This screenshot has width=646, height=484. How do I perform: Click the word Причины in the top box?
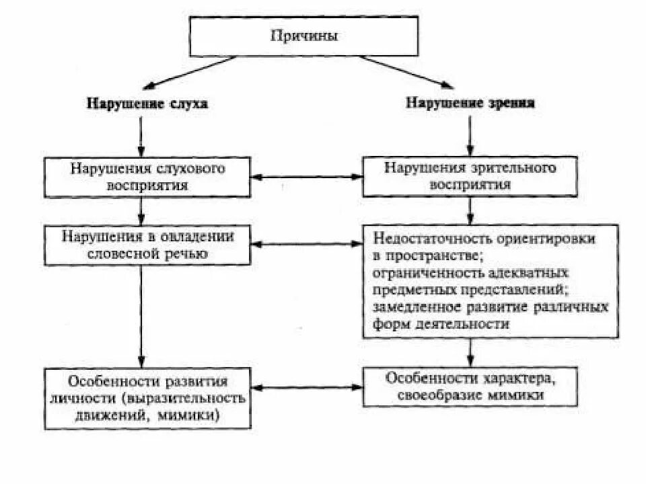pos(303,36)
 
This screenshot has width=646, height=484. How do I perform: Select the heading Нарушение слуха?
pos(147,104)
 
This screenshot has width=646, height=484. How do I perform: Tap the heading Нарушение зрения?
pos(470,104)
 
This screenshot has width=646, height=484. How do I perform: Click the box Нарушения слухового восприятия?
pos(147,176)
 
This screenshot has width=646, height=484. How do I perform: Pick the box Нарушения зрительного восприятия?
pos(470,176)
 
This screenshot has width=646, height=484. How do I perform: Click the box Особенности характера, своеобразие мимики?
pos(470,386)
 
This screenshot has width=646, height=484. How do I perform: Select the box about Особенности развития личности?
pos(147,397)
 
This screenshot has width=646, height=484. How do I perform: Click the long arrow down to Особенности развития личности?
pos(140,316)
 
